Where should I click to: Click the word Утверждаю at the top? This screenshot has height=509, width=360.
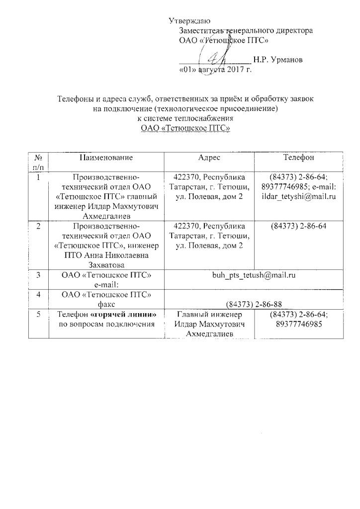tap(189, 21)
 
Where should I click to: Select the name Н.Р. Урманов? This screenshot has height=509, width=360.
tap(277, 60)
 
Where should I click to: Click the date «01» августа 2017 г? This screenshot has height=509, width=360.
tap(215, 70)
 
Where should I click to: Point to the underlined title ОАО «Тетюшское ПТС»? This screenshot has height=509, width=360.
tap(185, 128)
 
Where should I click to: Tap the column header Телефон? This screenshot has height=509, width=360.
tap(298, 158)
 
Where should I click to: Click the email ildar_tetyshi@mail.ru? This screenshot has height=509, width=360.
tap(299, 197)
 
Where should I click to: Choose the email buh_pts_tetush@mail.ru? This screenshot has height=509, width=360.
tap(254, 275)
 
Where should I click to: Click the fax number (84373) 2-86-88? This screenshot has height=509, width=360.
tap(254, 304)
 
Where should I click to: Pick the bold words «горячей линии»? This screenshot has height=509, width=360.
tap(127, 315)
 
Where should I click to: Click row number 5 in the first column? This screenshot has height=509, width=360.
tap(38, 315)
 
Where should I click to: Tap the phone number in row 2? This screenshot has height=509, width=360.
tap(298, 227)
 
